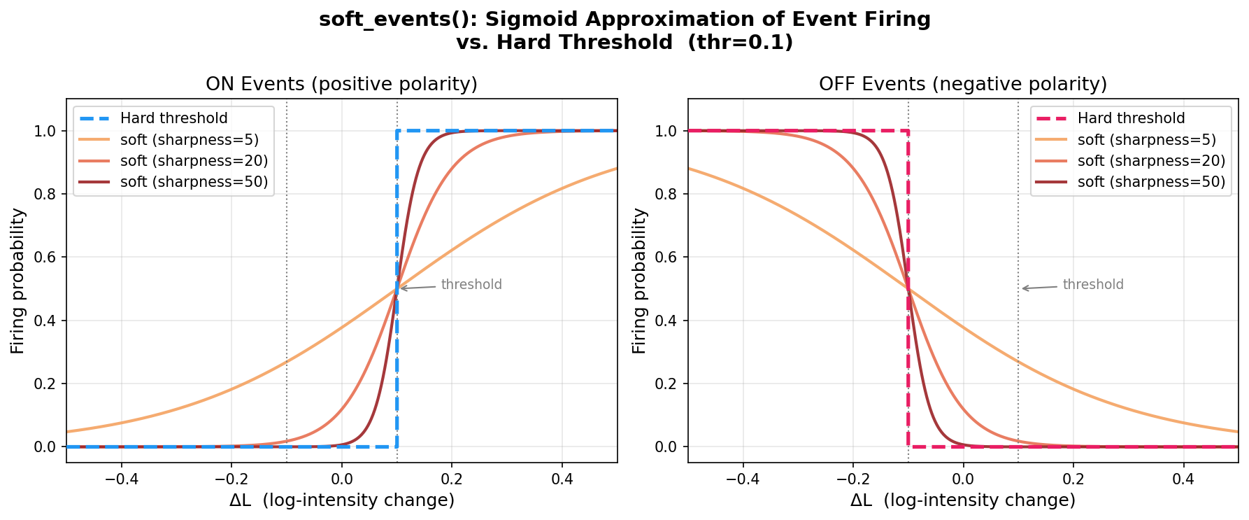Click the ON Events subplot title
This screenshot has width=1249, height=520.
[341, 85]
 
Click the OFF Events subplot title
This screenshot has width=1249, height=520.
[962, 85]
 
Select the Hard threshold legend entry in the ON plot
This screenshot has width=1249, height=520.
[173, 118]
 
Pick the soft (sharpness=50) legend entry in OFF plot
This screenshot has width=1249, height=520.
[1151, 182]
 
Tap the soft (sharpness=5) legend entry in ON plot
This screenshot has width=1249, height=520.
[190, 140]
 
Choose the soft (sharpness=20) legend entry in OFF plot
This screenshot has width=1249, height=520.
[1151, 161]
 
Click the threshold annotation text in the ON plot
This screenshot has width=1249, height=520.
[471, 285]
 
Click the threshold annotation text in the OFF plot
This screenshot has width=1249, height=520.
[1092, 285]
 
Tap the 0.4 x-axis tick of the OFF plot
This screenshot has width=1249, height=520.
[1183, 479]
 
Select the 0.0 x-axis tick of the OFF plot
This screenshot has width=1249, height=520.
[963, 479]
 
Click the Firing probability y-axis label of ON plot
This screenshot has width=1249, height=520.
[18, 281]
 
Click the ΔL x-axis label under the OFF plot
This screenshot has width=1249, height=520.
[962, 500]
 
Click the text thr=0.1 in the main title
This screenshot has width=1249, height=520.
[741, 43]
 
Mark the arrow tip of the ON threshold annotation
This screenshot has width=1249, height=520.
[399, 288]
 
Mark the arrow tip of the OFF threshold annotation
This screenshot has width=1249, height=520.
[1021, 288]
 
